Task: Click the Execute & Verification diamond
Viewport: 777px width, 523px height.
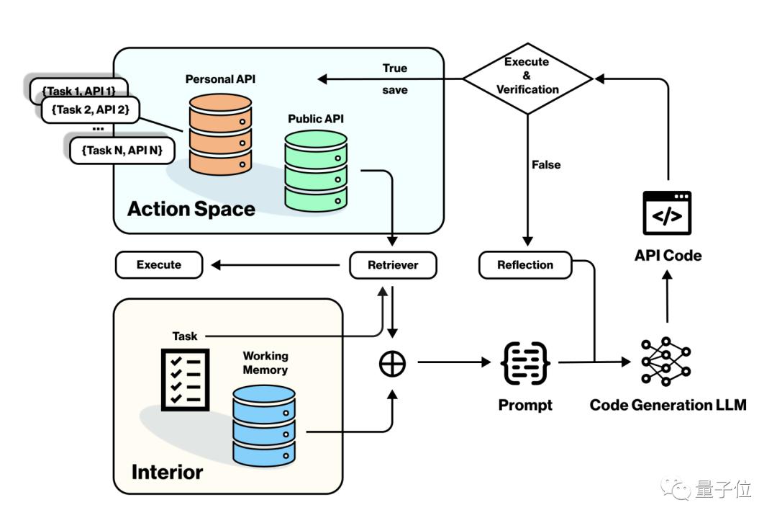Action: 527,76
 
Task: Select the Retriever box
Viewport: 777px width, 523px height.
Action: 393,265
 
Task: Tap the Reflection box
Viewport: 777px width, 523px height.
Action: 525,265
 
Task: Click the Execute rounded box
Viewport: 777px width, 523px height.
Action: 159,265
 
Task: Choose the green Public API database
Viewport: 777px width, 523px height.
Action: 316,171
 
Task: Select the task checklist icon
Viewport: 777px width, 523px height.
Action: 184,379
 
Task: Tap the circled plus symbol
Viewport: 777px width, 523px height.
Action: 393,364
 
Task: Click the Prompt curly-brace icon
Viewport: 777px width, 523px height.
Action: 526,364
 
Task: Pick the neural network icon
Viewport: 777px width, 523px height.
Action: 666,362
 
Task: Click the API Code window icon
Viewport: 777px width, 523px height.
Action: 668,213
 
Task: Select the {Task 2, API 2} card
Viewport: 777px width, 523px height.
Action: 91,109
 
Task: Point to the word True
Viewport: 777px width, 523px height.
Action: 395,68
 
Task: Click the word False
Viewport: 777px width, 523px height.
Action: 546,165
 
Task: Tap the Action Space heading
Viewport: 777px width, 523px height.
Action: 191,209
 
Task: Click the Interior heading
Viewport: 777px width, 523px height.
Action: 167,472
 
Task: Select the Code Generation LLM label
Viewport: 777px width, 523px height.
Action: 668,405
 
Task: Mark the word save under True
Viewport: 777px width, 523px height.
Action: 395,90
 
